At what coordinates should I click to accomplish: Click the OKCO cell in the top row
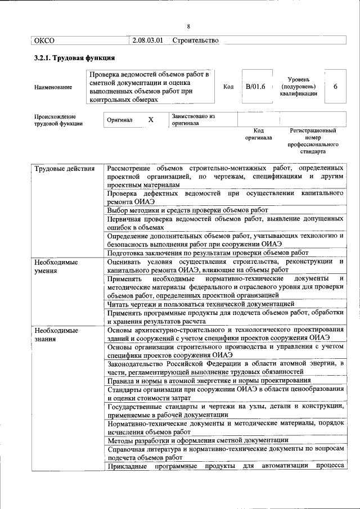tap(44, 40)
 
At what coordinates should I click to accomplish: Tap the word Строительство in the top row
tap(195, 40)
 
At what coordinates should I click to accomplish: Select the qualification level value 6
tap(335, 86)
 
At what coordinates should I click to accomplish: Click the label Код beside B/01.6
tap(228, 87)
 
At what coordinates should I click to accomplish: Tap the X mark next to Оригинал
tap(150, 120)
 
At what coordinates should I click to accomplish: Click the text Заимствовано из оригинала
tap(193, 119)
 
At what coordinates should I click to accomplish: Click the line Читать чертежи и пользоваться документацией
tap(200, 303)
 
